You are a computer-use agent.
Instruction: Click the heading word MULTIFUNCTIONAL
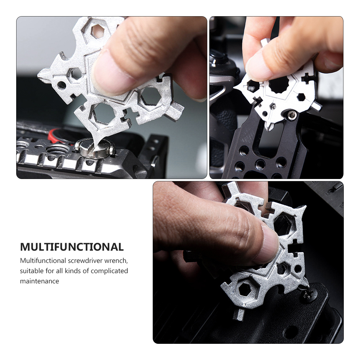click(72, 247)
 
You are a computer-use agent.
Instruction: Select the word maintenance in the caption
click(40, 281)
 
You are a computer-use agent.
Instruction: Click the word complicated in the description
click(109, 271)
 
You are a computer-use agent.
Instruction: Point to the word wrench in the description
click(116, 261)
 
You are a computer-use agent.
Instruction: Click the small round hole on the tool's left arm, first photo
click(61, 85)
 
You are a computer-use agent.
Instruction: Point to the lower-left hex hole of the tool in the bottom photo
click(244, 290)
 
